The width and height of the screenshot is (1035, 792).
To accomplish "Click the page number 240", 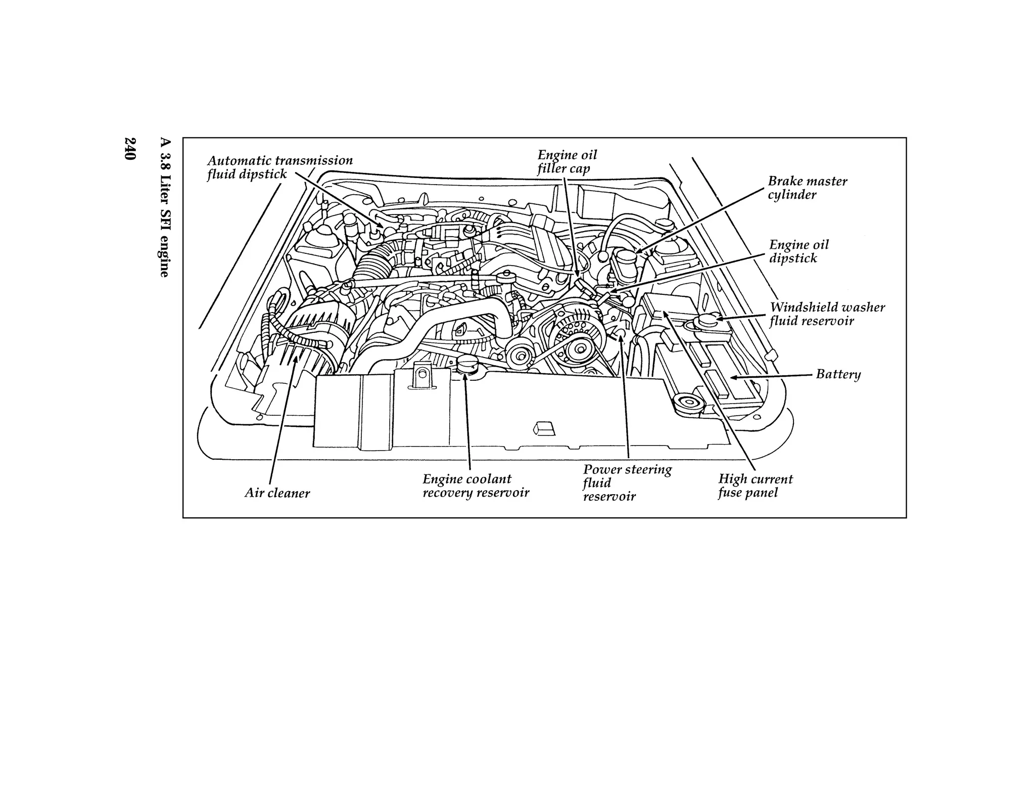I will [130, 149].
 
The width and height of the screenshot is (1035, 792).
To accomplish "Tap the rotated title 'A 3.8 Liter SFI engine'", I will [164, 207].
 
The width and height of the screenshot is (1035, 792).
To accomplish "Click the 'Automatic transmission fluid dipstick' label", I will [279, 167].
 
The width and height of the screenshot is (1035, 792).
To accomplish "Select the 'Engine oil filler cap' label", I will [567, 162].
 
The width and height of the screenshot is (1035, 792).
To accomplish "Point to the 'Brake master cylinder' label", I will [807, 188].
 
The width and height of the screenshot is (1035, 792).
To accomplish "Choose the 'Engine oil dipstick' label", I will [798, 251].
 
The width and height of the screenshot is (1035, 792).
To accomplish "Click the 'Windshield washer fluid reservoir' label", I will [826, 314].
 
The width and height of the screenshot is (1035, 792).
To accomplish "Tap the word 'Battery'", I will [838, 374].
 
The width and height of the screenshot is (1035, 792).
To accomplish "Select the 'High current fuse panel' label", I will [755, 486].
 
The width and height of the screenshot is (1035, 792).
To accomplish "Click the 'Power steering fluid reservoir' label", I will [627, 482].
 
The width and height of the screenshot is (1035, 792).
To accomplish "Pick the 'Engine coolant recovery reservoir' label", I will [475, 486].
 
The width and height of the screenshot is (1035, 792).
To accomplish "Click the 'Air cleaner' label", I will [277, 493].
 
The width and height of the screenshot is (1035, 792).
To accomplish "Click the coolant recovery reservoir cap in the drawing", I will [465, 365].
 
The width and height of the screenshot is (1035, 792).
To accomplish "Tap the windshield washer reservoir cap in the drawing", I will [707, 321].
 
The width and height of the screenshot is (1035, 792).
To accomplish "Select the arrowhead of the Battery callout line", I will [733, 377].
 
